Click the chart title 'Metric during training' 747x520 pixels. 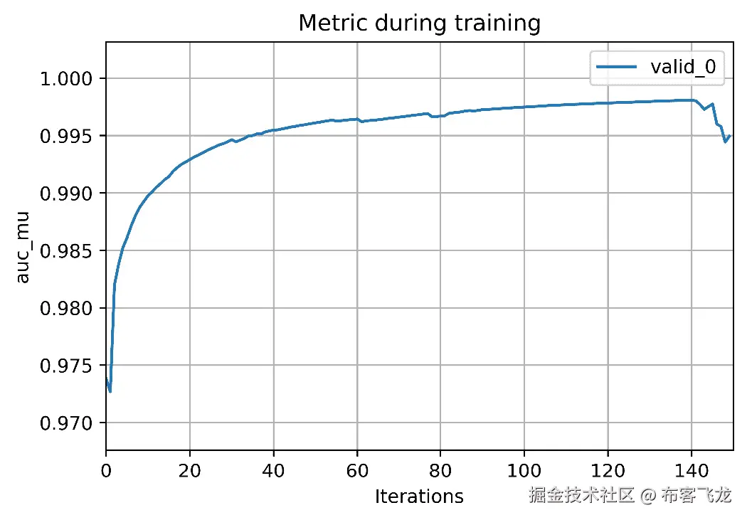point(419,23)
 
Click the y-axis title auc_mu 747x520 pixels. point(23,245)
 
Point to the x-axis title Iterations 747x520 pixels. point(419,496)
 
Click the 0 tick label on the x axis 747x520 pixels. point(106,470)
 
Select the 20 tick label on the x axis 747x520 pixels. point(189,470)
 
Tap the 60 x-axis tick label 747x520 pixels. point(356,470)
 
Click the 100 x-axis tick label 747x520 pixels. point(524,470)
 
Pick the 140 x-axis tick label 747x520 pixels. point(691,470)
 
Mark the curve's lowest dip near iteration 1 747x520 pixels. point(110,391)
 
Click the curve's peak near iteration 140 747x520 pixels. point(691,100)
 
